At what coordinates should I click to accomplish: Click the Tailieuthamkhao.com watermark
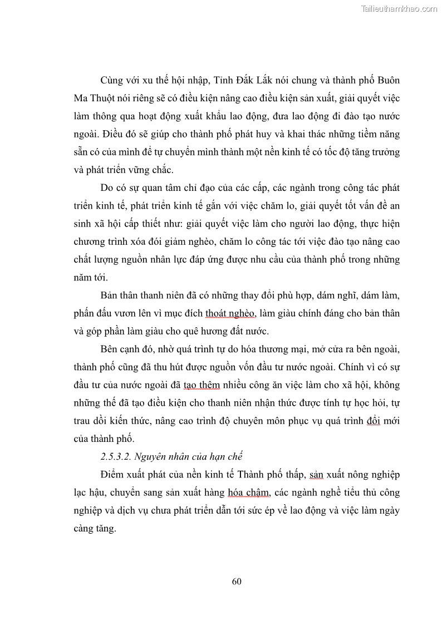click(x=399, y=9)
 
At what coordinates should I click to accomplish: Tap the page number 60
click(x=236, y=582)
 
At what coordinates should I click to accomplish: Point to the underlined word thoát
click(x=218, y=314)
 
